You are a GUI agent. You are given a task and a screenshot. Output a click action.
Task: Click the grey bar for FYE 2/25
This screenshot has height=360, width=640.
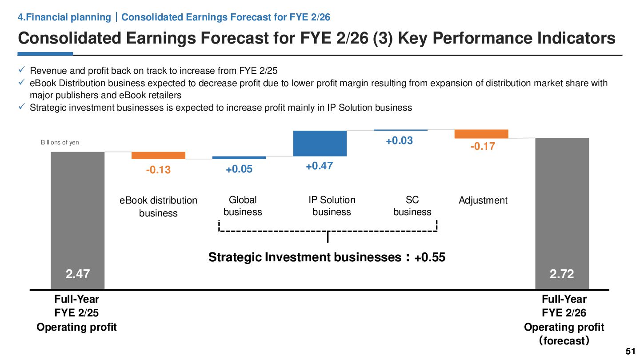pos(78,213)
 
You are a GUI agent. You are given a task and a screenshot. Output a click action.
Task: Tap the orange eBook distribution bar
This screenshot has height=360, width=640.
pos(158,156)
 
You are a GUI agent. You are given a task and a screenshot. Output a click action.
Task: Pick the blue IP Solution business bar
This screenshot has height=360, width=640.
pos(320,144)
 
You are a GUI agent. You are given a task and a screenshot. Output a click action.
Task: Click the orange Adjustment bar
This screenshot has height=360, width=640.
pos(481,134)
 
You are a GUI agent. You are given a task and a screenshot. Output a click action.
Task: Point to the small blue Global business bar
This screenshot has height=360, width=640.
pos(239,158)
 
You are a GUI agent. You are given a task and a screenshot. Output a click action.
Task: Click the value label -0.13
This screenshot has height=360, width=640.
pos(158,170)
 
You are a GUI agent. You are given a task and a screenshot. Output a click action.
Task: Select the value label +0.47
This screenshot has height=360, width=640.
pos(320,166)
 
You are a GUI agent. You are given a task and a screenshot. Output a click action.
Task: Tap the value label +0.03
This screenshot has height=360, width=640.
pos(399,141)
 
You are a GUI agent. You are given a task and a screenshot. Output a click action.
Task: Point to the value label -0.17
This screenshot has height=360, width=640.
pos(482,146)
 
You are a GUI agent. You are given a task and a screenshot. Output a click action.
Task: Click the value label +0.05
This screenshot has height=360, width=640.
pos(239,169)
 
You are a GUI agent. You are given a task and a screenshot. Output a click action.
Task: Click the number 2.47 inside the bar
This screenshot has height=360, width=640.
pos(78,274)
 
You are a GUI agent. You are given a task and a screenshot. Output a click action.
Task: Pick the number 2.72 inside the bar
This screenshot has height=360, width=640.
pos(562,274)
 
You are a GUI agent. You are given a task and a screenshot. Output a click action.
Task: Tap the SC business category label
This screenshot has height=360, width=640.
pos(412,206)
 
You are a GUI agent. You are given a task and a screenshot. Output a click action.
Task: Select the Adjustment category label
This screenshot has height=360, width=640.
pos(483,200)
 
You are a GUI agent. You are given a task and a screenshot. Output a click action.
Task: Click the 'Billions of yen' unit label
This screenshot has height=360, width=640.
pos(60,143)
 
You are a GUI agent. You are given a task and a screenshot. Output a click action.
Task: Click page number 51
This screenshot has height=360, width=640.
pos(630,351)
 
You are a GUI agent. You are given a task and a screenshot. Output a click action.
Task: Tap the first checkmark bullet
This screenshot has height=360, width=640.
pos(21,70)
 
